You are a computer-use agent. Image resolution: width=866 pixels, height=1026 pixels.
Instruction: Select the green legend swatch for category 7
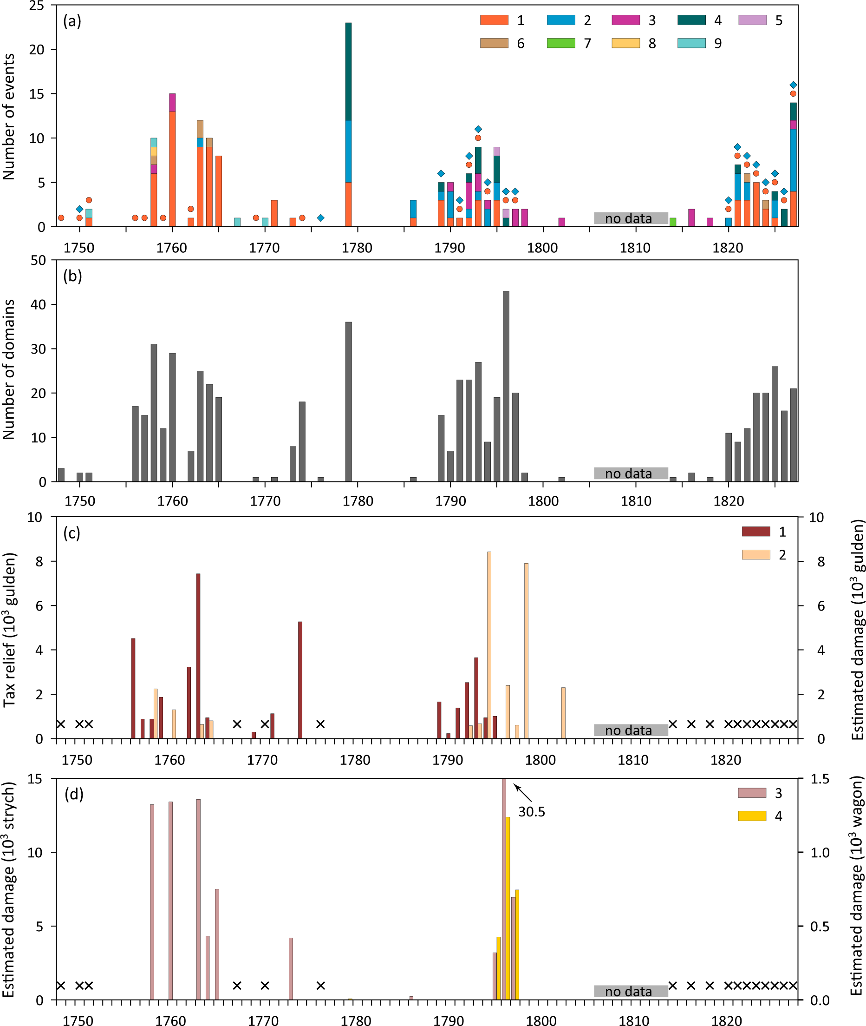pos(560,43)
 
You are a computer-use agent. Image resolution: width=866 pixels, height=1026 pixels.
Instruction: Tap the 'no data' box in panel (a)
pos(631,218)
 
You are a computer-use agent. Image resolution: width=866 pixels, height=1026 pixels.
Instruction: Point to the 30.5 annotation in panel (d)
pos(532,812)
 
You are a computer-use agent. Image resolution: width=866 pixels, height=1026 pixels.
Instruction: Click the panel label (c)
pos(72,533)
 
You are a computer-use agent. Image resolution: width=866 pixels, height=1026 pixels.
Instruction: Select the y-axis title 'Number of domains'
pos(9,369)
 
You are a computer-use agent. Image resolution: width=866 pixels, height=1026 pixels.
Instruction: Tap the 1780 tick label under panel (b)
pos(358,501)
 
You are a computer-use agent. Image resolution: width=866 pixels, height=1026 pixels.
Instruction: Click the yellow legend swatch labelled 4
pos(752,816)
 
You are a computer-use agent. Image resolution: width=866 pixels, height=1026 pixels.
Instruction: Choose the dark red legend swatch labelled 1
pos(755,532)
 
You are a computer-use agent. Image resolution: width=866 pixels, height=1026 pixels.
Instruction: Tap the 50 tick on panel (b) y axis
pos(38,260)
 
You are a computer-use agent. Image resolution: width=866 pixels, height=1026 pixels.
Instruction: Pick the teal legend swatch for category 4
pos(691,20)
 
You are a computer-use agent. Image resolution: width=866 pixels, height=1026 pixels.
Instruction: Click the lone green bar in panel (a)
pos(672,222)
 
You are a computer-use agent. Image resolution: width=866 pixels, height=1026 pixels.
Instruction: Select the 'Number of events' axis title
pos(9,117)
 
